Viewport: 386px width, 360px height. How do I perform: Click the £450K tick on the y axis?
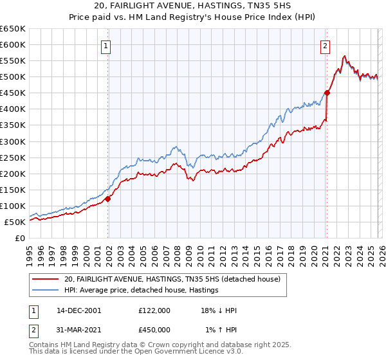click(x=13, y=93)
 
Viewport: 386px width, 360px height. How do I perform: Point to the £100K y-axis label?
click(x=13, y=206)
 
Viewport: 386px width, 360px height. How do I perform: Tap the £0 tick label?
click(x=20, y=238)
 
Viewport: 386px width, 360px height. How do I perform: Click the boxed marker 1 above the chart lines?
click(x=106, y=46)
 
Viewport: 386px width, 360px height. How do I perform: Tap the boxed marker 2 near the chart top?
click(x=326, y=46)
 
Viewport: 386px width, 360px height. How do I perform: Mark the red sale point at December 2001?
click(x=108, y=199)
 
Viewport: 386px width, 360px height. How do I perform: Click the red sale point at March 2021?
click(x=327, y=93)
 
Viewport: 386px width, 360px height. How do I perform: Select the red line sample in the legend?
click(x=46, y=280)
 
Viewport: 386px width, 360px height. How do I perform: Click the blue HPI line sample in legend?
click(x=46, y=291)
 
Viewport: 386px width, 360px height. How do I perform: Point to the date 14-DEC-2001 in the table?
click(x=78, y=310)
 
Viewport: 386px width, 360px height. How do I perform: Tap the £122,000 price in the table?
click(x=154, y=310)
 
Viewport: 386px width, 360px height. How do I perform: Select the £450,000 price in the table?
click(x=154, y=329)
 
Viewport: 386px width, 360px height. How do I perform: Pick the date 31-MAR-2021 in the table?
click(x=78, y=329)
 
